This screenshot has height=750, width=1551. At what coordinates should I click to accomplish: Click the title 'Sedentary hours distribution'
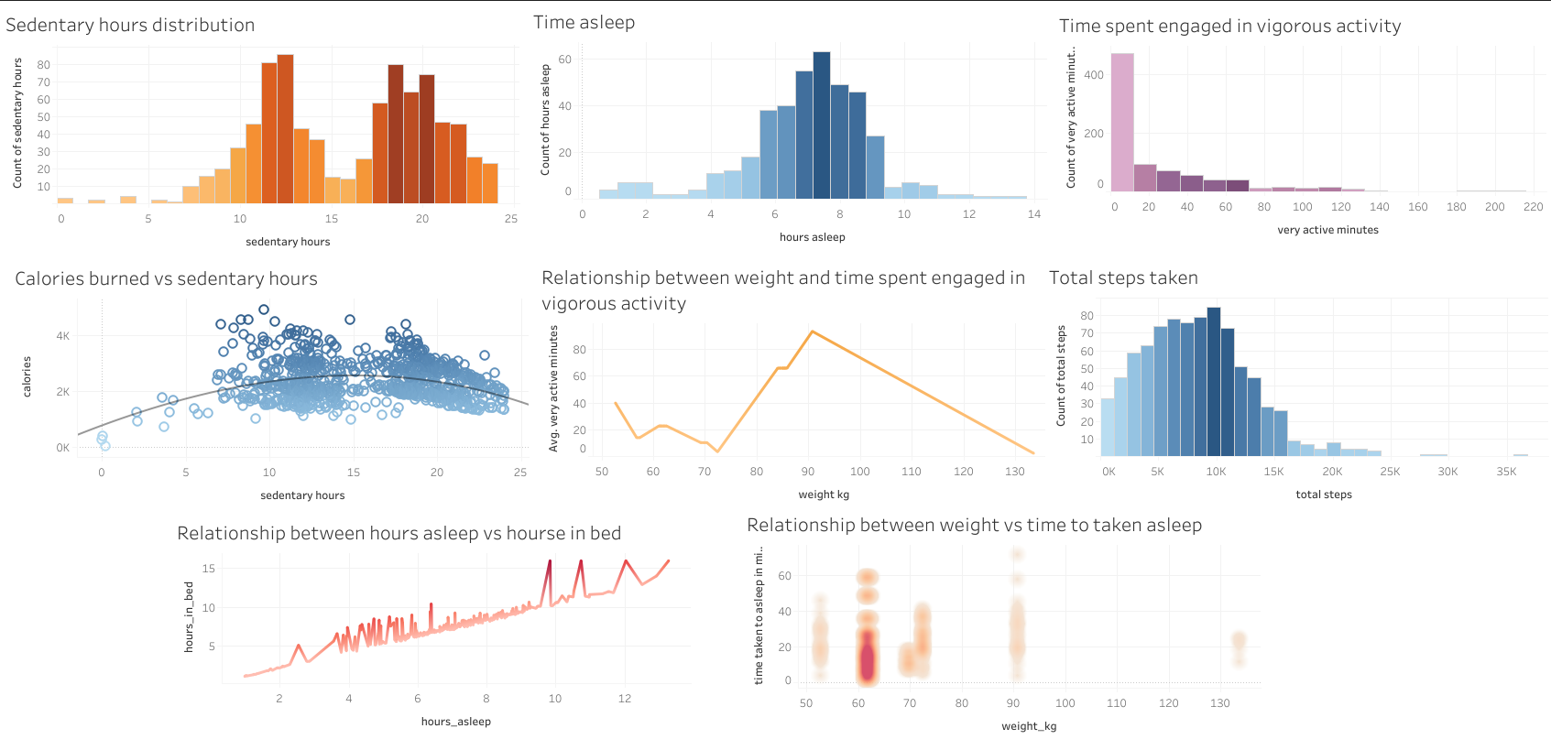click(130, 26)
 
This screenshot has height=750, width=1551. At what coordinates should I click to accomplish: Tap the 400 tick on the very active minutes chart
click(1094, 75)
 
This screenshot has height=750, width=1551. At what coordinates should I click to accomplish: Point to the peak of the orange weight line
click(812, 332)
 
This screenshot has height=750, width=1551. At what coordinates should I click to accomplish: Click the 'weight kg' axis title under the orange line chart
click(824, 495)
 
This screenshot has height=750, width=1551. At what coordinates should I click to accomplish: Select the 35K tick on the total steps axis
click(1506, 472)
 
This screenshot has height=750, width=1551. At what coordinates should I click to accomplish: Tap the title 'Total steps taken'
click(1123, 278)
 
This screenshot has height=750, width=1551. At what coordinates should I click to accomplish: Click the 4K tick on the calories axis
click(62, 336)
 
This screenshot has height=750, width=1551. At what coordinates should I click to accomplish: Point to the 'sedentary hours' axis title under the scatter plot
click(302, 495)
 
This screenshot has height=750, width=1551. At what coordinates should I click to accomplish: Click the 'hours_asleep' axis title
click(455, 722)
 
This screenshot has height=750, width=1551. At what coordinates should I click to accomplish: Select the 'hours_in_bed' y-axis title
click(189, 616)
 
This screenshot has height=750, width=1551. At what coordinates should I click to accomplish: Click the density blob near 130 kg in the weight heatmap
click(1239, 645)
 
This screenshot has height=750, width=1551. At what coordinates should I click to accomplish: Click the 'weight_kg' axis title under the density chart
click(1029, 726)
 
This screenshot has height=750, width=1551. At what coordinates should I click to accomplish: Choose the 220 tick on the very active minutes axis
click(1533, 207)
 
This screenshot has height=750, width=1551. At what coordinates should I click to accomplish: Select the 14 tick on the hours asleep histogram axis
click(1034, 214)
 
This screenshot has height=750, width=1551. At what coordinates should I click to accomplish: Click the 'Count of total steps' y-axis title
click(1061, 375)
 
